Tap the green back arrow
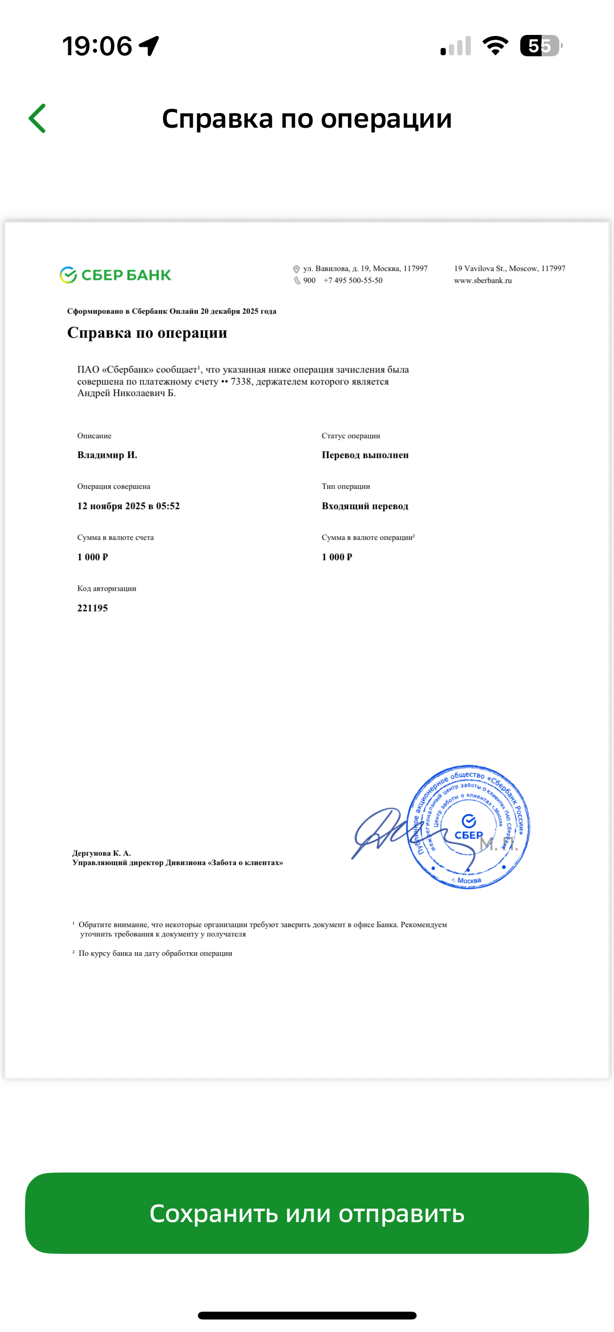coord(37,118)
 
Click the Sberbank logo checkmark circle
coord(68,275)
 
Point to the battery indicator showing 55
coord(541,46)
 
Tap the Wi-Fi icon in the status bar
coord(495,46)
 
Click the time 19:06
coord(97,46)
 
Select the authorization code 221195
coord(93,608)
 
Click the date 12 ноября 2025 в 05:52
coord(128,505)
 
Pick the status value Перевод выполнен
coord(365,455)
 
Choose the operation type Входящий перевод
coord(365,505)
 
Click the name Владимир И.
coord(107,455)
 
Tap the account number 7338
coord(242,381)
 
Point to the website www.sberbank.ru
coord(483,280)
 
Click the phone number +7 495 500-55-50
coord(353,280)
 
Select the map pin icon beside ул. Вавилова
coord(296,269)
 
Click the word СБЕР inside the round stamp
coord(469,835)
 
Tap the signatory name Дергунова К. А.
coord(102,853)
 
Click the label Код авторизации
coord(107,588)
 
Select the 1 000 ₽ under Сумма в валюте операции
coord(337,557)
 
